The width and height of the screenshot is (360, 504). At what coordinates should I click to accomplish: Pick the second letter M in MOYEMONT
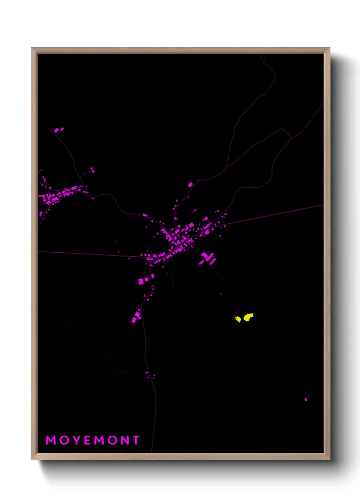click(x=100, y=440)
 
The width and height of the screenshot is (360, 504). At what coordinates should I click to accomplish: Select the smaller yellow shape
click(x=238, y=319)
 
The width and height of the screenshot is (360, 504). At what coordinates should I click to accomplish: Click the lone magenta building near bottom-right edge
click(x=306, y=399)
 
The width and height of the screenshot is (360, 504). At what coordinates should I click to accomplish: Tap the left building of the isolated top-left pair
click(x=56, y=130)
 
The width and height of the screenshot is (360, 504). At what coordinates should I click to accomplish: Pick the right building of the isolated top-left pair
click(x=62, y=129)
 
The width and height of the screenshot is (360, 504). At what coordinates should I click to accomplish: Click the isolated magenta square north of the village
click(x=190, y=185)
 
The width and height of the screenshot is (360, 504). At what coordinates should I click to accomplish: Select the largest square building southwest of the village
click(x=141, y=281)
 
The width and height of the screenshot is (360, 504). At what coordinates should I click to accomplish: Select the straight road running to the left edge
click(x=85, y=254)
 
